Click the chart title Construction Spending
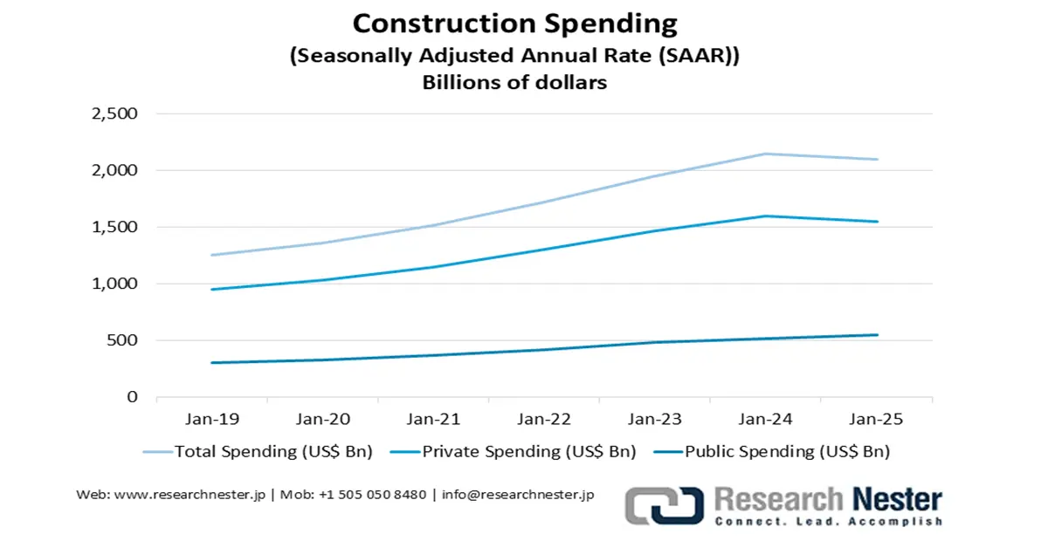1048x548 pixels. pyautogui.click(x=514, y=23)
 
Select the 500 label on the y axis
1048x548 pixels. pyautogui.click(x=121, y=340)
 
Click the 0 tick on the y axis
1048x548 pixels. pyautogui.click(x=132, y=397)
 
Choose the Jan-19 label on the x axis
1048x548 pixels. pyautogui.click(x=211, y=420)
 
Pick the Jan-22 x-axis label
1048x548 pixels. pyautogui.click(x=543, y=420)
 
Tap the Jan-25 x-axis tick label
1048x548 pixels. pyautogui.click(x=876, y=420)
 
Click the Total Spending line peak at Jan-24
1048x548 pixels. pyautogui.click(x=766, y=154)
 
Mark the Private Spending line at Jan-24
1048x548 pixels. pyautogui.click(x=766, y=216)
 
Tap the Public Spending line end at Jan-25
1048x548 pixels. pyautogui.click(x=877, y=335)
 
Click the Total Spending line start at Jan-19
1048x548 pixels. pyautogui.click(x=212, y=255)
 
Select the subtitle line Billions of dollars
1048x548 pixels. pyautogui.click(x=514, y=84)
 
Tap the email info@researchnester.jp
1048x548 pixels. pyautogui.click(x=518, y=494)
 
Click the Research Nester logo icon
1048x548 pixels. pyautogui.click(x=665, y=506)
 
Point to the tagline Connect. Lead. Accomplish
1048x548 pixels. pyautogui.click(x=828, y=522)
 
